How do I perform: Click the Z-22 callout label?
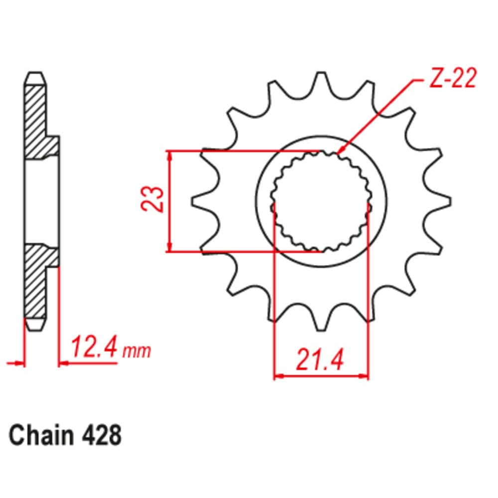click(x=453, y=78)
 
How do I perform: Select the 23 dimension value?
click(x=152, y=199)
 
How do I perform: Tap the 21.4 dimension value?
click(x=320, y=360)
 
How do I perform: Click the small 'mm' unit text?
click(x=137, y=351)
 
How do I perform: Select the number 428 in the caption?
click(x=102, y=435)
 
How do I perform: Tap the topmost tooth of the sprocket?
click(x=321, y=83)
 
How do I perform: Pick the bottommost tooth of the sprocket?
click(x=321, y=319)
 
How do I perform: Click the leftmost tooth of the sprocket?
click(x=202, y=201)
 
